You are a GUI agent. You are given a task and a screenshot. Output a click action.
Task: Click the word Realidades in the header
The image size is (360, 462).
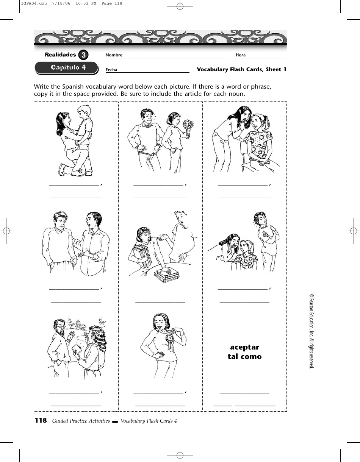[x=60, y=55]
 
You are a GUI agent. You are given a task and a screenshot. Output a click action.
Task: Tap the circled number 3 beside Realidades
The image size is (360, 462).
[x=83, y=55]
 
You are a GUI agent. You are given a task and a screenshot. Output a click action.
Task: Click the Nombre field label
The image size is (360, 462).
[x=114, y=55]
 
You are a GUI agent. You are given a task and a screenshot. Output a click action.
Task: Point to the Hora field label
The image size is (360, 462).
[x=241, y=55]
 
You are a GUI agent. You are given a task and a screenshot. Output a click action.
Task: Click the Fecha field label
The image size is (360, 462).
[x=111, y=70]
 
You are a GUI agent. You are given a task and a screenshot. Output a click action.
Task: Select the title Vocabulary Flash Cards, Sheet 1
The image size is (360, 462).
[x=241, y=69]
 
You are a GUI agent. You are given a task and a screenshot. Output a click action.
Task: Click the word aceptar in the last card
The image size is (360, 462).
[x=244, y=347]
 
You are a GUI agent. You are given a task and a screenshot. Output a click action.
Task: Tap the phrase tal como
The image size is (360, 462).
[x=244, y=357]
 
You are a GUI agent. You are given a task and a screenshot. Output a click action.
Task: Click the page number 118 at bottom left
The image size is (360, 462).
[x=41, y=420]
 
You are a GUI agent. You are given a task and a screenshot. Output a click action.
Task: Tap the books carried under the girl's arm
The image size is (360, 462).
[x=141, y=255]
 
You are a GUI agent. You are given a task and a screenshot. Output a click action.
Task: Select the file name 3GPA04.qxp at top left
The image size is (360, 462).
[x=30, y=4]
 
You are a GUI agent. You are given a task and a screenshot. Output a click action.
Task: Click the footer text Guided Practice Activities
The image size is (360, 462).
[x=81, y=421]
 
